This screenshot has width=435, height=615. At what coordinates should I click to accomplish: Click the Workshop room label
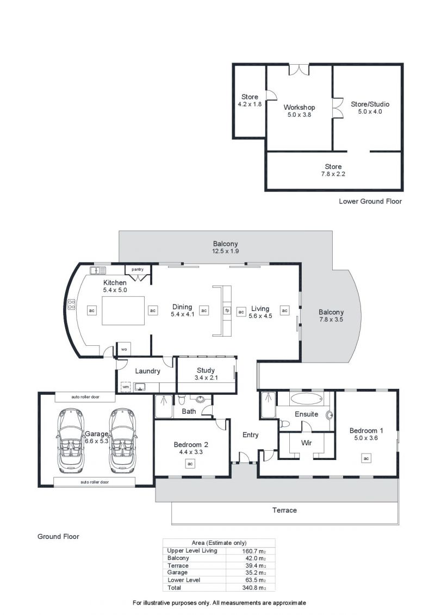point(299,107)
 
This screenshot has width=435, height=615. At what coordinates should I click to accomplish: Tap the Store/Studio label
point(370,104)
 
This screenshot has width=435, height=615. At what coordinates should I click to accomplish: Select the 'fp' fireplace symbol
point(227,310)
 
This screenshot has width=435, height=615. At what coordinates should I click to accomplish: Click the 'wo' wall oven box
point(124,349)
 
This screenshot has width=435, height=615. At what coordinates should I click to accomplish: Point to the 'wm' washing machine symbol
point(126,387)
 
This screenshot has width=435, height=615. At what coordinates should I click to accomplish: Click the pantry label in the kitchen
point(138,270)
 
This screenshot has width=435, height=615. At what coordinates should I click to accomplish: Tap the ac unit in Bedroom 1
point(366,458)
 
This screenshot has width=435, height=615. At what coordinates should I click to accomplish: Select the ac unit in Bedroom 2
point(190,464)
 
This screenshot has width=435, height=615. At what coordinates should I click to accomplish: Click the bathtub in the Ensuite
point(306,399)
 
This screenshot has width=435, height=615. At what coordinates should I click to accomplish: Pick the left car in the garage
point(71,440)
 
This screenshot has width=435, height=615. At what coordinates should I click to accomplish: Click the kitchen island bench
point(123,310)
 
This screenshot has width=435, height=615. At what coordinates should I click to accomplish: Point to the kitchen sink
point(98,270)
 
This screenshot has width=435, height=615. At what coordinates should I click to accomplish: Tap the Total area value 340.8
point(254,588)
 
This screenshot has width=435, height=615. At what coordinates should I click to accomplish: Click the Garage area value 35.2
point(254,573)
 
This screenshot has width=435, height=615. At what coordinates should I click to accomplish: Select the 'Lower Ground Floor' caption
point(370,201)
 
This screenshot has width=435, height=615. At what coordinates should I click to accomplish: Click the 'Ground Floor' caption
point(58,536)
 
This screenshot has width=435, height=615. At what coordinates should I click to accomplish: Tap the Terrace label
point(284,510)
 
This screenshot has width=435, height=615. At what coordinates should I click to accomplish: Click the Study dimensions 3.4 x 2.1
point(206,378)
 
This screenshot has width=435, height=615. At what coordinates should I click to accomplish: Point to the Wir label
point(306,443)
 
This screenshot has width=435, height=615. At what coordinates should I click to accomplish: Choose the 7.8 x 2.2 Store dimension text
point(333,174)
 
